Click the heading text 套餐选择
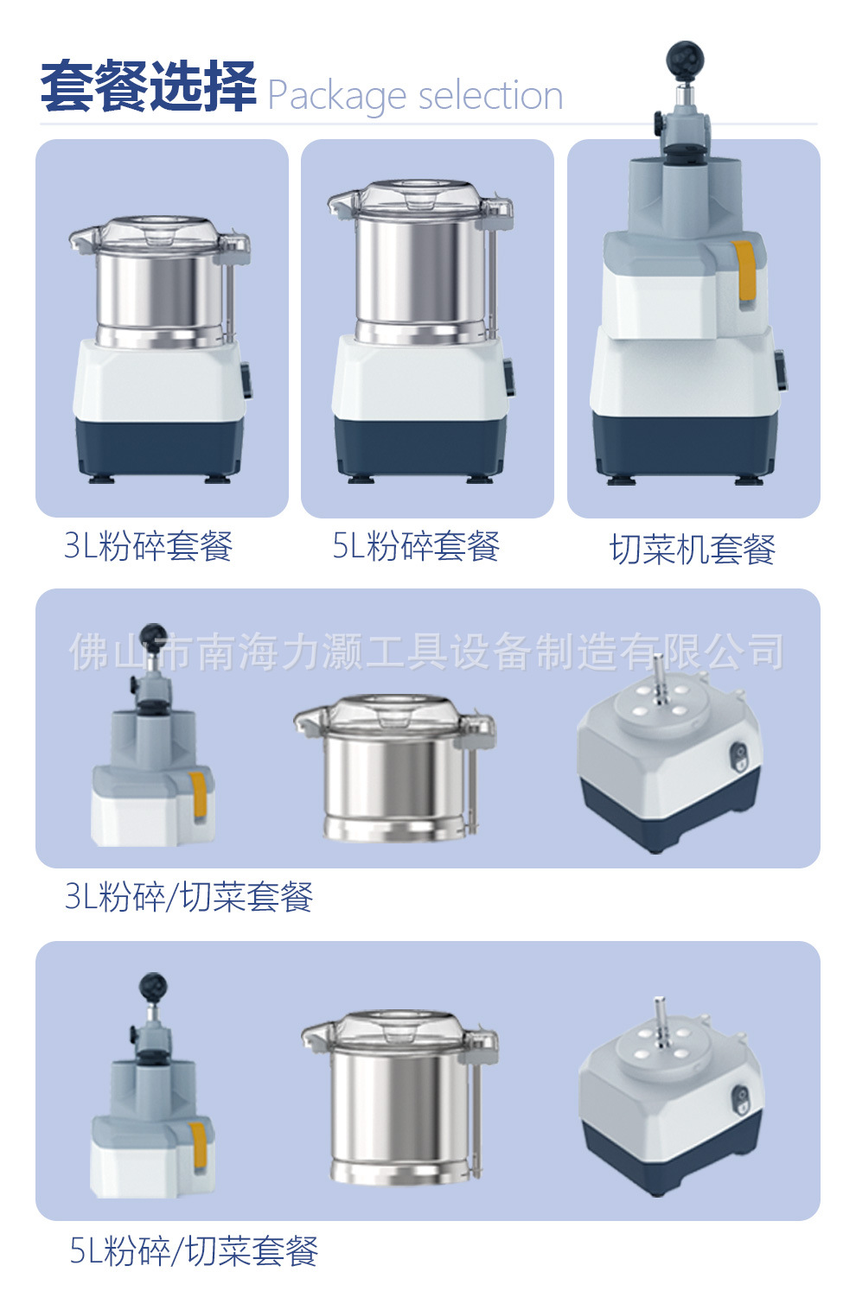coord(148,86)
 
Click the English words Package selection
coord(415,96)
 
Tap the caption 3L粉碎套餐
coord(148,545)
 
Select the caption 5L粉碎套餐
coord(416,545)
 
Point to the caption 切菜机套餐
coord(693,550)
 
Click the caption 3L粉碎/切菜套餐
coord(188,896)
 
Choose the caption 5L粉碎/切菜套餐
coord(194,1250)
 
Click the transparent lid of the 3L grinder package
coord(159,236)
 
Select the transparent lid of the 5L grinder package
coord(420,200)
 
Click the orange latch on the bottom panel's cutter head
coord(198,1145)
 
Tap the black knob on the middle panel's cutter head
coord(153,636)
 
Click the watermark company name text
coord(426,652)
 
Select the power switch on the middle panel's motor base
coord(739,755)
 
